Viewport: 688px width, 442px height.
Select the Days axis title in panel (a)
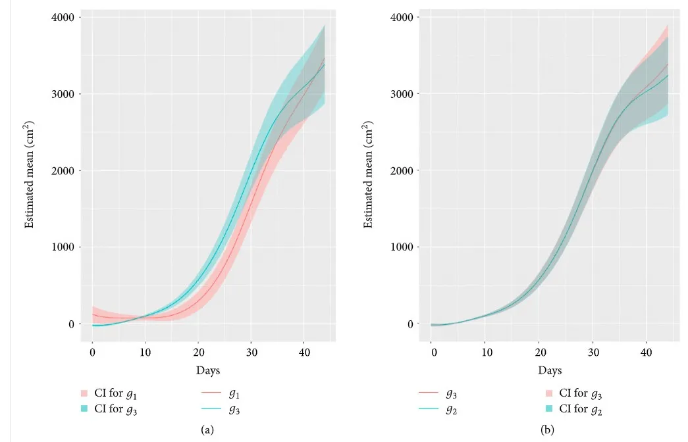tap(208, 371)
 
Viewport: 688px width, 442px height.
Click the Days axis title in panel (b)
tap(550, 371)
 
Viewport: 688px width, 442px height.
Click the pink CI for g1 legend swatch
tap(84, 393)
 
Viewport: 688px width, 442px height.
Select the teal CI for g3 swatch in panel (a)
tap(84, 409)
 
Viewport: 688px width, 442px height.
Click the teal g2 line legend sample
tap(429, 409)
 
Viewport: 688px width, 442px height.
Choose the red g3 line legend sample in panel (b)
tap(429, 393)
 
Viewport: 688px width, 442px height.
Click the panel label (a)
tap(207, 430)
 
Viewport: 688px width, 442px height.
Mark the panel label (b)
tap(548, 430)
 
